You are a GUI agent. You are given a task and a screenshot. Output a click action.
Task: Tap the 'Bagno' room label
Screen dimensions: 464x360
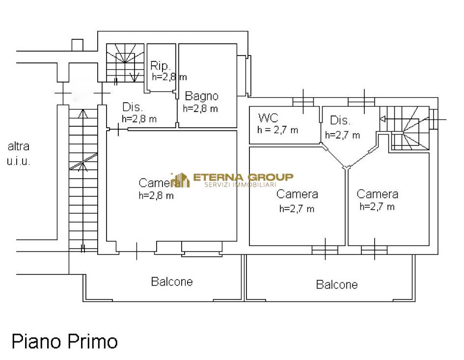pos(201,96)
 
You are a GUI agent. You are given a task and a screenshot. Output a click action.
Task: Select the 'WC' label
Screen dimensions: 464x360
pos(268,118)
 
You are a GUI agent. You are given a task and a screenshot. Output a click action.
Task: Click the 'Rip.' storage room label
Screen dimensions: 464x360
pos(161,65)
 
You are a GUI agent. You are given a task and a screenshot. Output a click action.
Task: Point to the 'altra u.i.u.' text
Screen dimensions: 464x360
pos(18,154)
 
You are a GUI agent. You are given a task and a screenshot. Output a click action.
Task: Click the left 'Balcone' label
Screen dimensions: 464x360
pos(172,281)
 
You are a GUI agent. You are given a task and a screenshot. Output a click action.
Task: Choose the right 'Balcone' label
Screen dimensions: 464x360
pos(337,284)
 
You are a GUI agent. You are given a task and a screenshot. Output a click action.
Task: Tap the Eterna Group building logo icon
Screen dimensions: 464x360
pos(181,180)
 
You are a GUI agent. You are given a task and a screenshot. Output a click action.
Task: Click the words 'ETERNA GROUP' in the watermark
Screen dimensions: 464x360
pos(243,177)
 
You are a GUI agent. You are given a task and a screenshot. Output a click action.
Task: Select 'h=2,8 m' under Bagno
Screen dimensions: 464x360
pos(200,109)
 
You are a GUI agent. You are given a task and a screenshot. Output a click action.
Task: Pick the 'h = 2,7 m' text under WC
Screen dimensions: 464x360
pos(277,130)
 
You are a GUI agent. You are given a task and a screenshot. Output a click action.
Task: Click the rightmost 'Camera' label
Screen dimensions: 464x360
pos(377,194)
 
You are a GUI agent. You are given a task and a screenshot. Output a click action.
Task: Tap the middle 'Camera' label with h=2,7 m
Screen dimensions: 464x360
pos(297,194)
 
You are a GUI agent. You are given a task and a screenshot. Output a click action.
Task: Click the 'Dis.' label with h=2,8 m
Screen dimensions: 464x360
pos(133,107)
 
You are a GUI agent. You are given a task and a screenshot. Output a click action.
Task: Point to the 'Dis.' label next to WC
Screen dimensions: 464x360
pos(340,120)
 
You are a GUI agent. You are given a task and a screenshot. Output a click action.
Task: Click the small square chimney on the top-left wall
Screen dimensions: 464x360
pos(78,45)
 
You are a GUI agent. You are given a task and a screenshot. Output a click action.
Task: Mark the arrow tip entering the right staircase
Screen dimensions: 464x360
pos(381,119)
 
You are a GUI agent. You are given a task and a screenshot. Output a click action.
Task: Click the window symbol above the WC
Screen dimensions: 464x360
pos(303,102)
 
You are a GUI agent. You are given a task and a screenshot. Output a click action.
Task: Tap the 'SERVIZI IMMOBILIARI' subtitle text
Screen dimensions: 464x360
pos(240,185)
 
